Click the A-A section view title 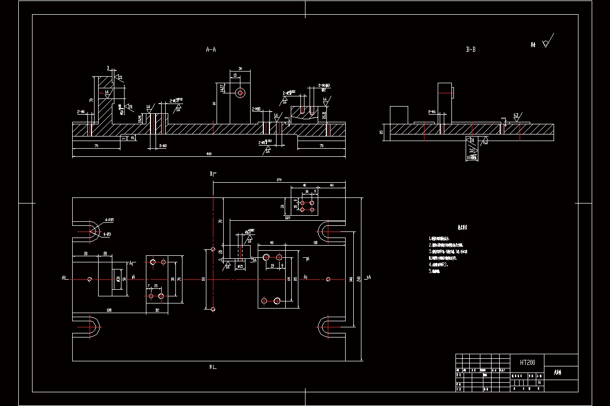click(x=210, y=50)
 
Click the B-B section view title click(x=471, y=50)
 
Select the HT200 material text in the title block click(x=527, y=363)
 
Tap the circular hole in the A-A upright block click(x=240, y=93)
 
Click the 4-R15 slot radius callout click(x=109, y=220)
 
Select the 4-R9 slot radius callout click(x=107, y=234)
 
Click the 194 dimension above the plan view click(x=279, y=180)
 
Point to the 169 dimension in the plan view click(x=288, y=218)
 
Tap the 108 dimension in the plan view click(x=109, y=310)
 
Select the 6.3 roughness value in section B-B click(x=516, y=115)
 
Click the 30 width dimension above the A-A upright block click(x=240, y=68)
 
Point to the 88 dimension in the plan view click(x=315, y=243)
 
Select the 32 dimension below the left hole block click(x=157, y=310)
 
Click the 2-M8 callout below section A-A click(x=163, y=146)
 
